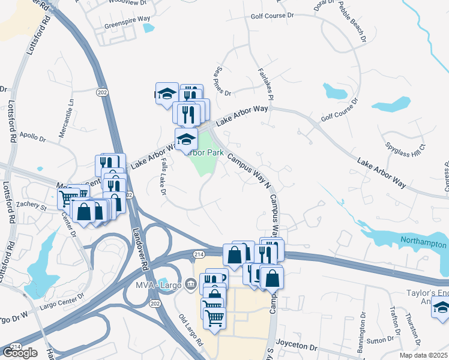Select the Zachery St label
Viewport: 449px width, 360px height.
pyautogui.click(x=32, y=206)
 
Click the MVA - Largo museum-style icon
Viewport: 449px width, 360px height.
pyautogui.click(x=191, y=283)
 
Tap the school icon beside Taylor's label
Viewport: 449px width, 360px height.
pyautogui.click(x=441, y=310)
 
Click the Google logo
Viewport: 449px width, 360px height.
pyautogui.click(x=20, y=353)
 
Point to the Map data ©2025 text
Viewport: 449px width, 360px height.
pyautogui.click(x=423, y=355)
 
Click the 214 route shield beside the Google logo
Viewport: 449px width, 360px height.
pyautogui.click(x=16, y=346)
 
